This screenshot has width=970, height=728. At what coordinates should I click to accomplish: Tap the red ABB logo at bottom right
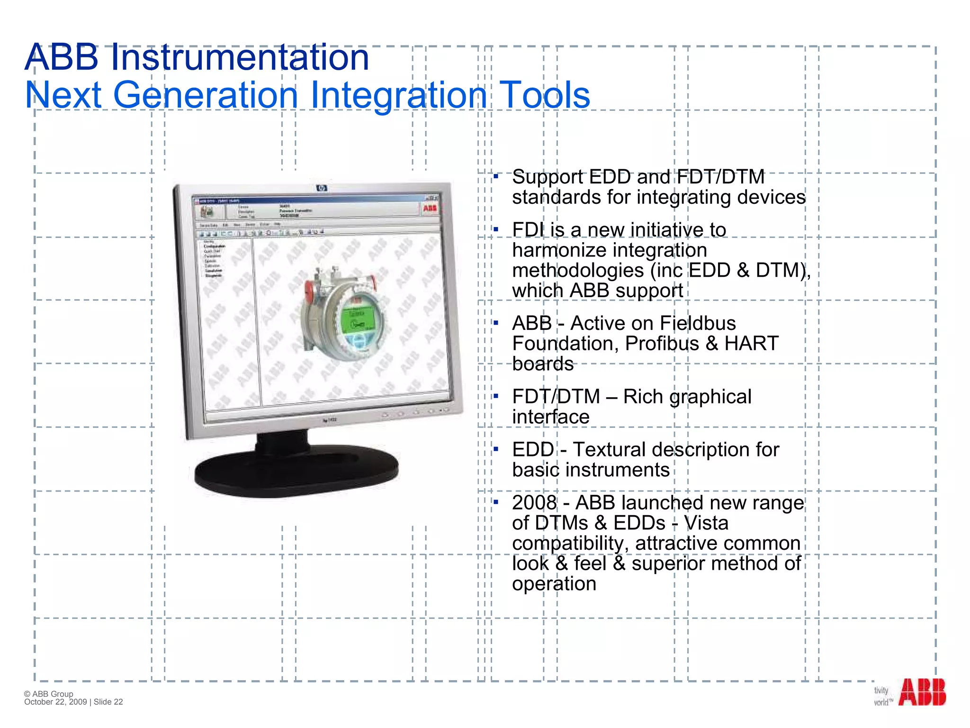922,692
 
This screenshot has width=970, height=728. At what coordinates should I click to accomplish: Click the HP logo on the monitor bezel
322,188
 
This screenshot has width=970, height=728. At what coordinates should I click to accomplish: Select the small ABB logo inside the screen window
430,209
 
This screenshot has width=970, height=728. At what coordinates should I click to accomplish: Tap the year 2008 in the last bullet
534,503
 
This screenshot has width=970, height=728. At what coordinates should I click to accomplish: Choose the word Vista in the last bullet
706,523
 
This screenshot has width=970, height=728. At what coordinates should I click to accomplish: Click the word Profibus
662,344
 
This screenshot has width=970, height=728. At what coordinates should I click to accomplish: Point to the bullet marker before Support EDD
496,177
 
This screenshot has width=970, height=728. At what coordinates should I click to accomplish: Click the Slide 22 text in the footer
108,702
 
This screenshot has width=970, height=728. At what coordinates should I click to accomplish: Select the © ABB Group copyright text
49,694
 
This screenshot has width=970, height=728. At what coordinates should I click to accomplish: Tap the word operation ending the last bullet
554,584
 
